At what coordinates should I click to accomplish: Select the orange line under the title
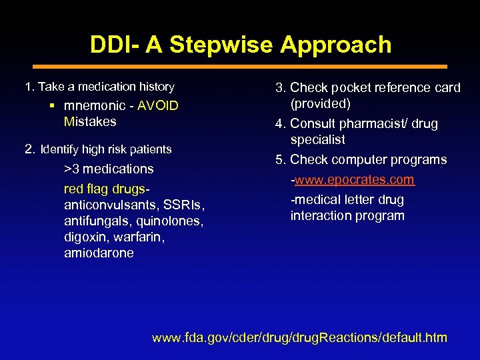pyautogui.click(x=240, y=67)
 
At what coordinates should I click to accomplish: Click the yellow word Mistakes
pyautogui.click(x=90, y=121)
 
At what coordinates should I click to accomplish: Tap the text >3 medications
pyautogui.click(x=109, y=169)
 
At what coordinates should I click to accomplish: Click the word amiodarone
pyautogui.click(x=99, y=253)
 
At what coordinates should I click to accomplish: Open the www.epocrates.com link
pyautogui.click(x=355, y=180)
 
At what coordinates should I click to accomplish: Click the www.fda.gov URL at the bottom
pyautogui.click(x=299, y=337)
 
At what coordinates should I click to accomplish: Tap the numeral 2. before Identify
pyautogui.click(x=29, y=149)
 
